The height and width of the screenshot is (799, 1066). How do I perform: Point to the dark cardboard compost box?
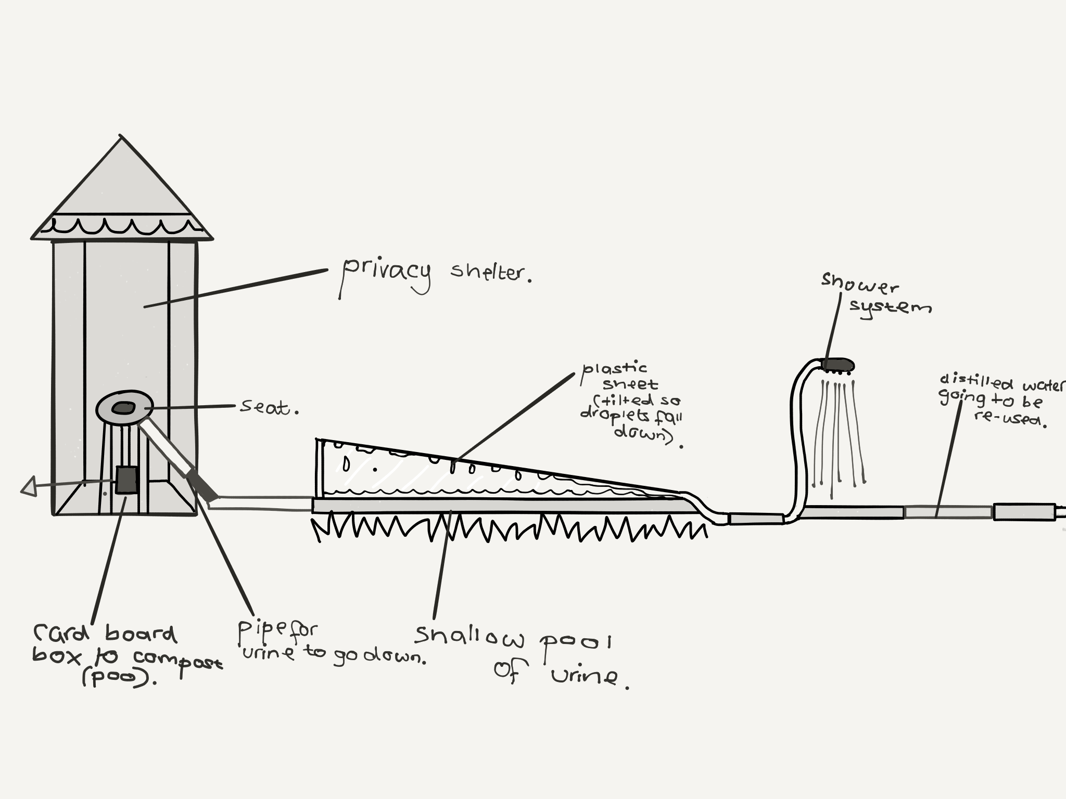126,479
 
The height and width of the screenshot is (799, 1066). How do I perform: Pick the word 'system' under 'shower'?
891,307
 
